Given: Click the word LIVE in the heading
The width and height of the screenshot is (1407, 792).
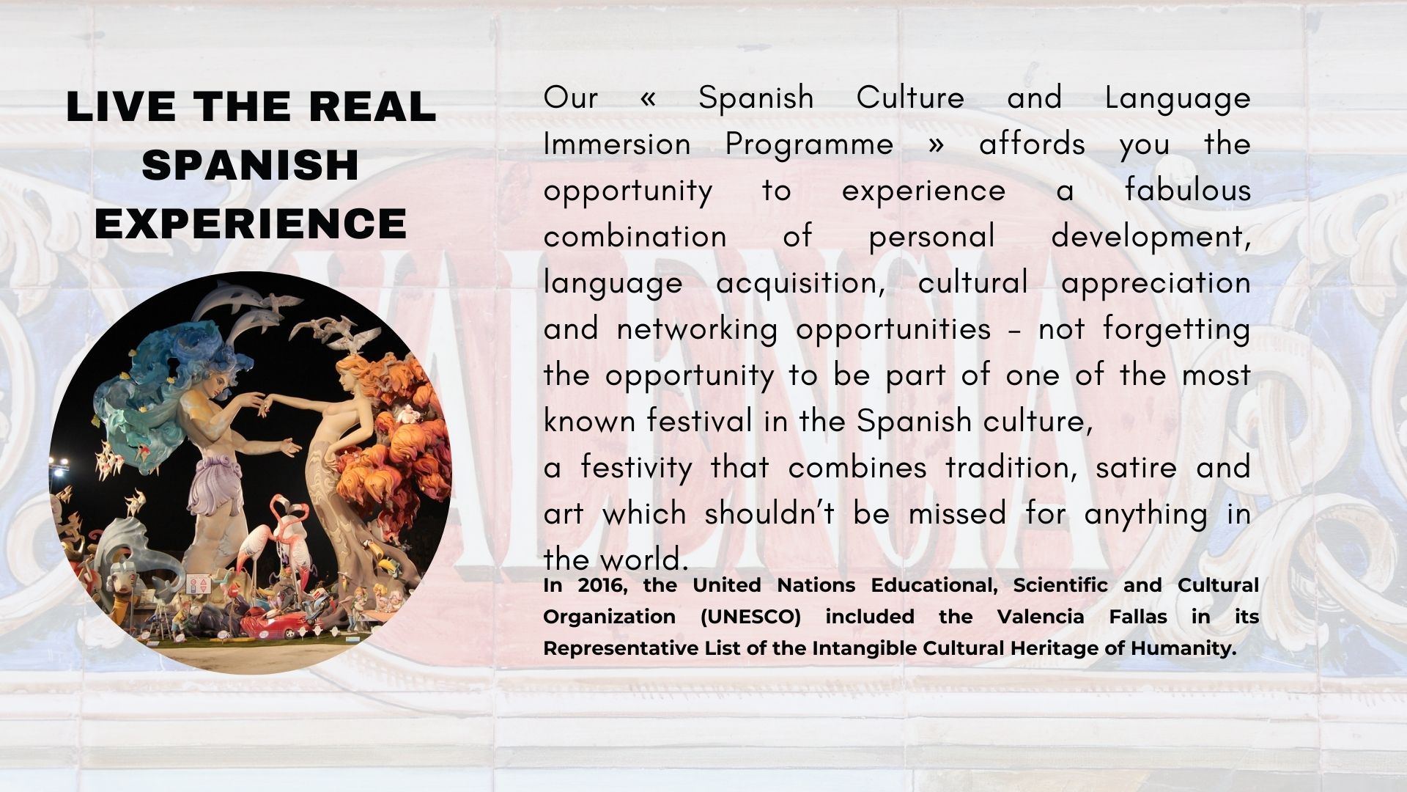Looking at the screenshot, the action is (121, 107).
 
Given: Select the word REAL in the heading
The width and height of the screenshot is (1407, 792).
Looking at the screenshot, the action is (372, 107).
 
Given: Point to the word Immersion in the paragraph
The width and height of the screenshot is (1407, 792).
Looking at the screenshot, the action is (617, 144).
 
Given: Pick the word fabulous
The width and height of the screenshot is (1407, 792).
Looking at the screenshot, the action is (1188, 190).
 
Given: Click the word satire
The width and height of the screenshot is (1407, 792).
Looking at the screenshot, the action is (1137, 467).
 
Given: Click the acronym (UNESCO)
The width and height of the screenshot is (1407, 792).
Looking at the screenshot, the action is (751, 617).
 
